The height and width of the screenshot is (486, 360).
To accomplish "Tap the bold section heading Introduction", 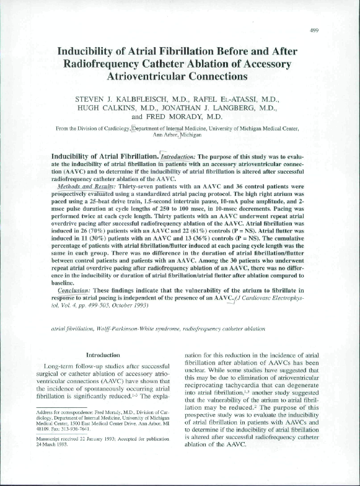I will [x=102, y=355].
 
